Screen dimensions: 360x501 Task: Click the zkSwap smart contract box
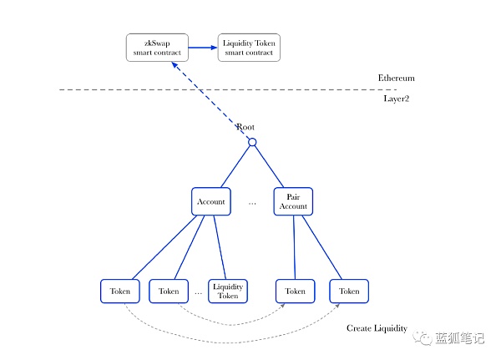pos(156,47)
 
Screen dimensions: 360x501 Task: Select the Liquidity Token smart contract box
pos(249,47)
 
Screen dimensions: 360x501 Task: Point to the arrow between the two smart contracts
pos(203,47)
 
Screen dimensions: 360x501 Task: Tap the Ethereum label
pos(396,78)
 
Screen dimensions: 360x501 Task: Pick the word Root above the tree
pos(245,127)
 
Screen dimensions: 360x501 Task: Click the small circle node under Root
pos(252,142)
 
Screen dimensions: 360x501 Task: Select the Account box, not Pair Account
pos(210,201)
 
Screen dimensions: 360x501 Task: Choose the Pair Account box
pos(293,201)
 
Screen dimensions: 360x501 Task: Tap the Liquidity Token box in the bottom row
pos(228,291)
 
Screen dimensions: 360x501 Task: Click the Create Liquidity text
pos(377,328)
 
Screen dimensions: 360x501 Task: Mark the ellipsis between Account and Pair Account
pos(252,203)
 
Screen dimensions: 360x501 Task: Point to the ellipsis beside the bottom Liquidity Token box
pos(199,292)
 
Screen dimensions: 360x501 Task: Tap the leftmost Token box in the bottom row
pos(120,291)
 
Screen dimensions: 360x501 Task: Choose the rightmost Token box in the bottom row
pos(349,291)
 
